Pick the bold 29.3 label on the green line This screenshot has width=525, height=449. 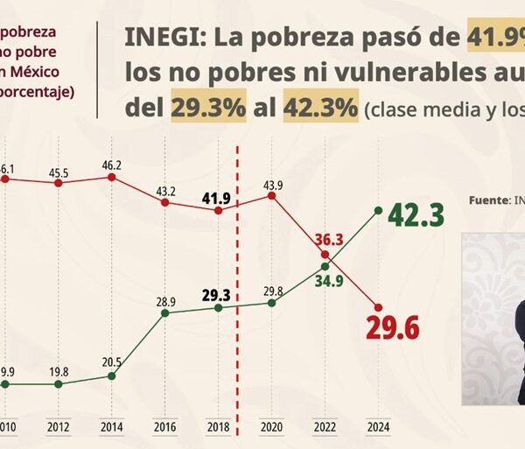point(218,295)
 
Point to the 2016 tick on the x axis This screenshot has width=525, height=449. point(164,425)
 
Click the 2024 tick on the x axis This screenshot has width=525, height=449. point(378,425)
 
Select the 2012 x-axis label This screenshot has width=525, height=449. point(58,425)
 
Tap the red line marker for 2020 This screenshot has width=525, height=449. point(272,196)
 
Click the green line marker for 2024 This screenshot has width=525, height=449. point(378,210)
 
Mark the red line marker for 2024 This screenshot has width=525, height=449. point(378,306)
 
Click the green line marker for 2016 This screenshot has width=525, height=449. point(164,312)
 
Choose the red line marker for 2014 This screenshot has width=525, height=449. point(111,177)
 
